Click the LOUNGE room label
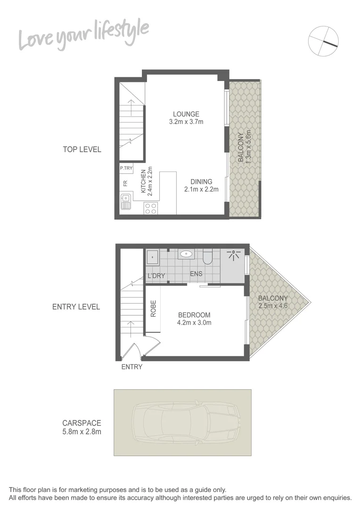[x=186, y=114]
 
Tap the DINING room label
[x=201, y=182]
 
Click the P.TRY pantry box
[x=126, y=168]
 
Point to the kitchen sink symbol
[x=125, y=202]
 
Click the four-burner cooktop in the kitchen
[x=150, y=208]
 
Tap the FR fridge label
[x=125, y=184]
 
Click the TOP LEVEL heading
[x=82, y=149]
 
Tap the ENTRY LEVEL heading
[x=76, y=307]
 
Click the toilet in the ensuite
[x=208, y=257]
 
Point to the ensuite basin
[x=187, y=254]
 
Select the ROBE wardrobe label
[x=153, y=308]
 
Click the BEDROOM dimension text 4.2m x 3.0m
[x=194, y=323]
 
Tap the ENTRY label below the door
[x=131, y=367]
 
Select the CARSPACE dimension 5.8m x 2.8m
[x=82, y=431]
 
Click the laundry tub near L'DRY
[x=153, y=257]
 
